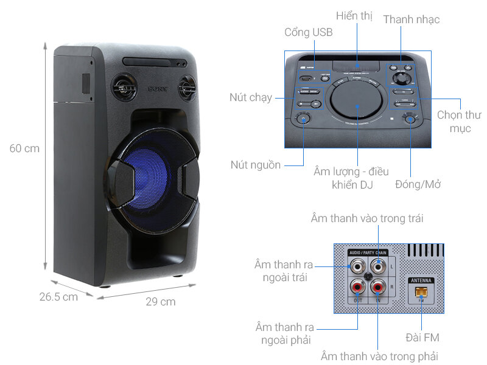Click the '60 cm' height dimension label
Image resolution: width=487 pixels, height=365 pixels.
(25, 148)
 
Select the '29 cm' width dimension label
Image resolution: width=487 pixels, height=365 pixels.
(160, 302)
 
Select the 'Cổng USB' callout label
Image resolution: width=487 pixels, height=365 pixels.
(308, 32)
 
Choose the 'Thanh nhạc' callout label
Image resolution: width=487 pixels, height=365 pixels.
(411, 19)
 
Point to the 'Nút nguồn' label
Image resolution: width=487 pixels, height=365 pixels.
(256, 165)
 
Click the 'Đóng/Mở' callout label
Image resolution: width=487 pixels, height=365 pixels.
(418, 184)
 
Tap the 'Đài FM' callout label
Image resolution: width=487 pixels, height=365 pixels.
(422, 337)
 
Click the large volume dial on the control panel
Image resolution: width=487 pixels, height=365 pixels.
(357, 105)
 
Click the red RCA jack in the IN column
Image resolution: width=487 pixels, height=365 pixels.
(378, 285)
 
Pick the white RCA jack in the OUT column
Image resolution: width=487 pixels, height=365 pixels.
(356, 266)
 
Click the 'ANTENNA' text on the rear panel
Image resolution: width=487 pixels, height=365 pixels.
(421, 281)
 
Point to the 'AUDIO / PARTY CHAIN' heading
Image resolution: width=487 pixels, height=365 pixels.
(368, 252)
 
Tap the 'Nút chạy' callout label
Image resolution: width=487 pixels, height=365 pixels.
(251, 97)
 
